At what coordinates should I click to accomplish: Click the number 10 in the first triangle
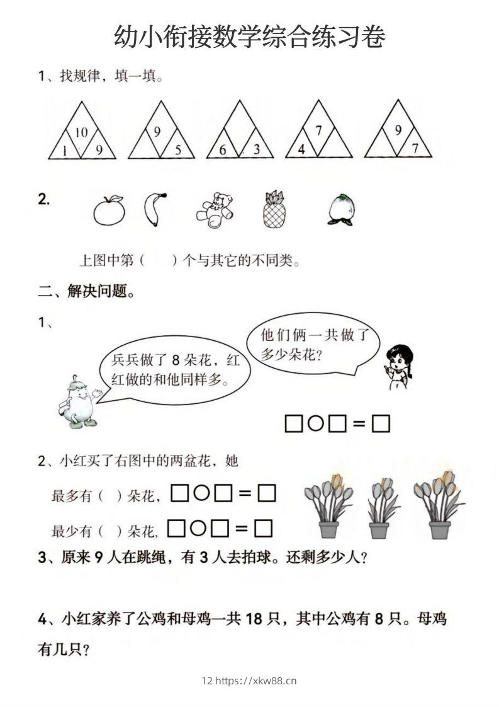click(x=81, y=132)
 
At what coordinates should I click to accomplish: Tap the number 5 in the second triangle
click(x=177, y=150)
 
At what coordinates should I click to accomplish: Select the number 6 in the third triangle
click(x=223, y=150)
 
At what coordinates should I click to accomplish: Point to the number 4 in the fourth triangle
click(x=301, y=150)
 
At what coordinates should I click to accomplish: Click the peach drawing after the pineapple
click(x=340, y=210)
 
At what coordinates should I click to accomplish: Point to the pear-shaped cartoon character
click(x=78, y=403)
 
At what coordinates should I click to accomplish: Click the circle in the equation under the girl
click(x=316, y=424)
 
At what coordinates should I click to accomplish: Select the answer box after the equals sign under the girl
click(x=381, y=424)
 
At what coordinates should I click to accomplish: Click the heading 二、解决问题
click(x=86, y=292)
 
